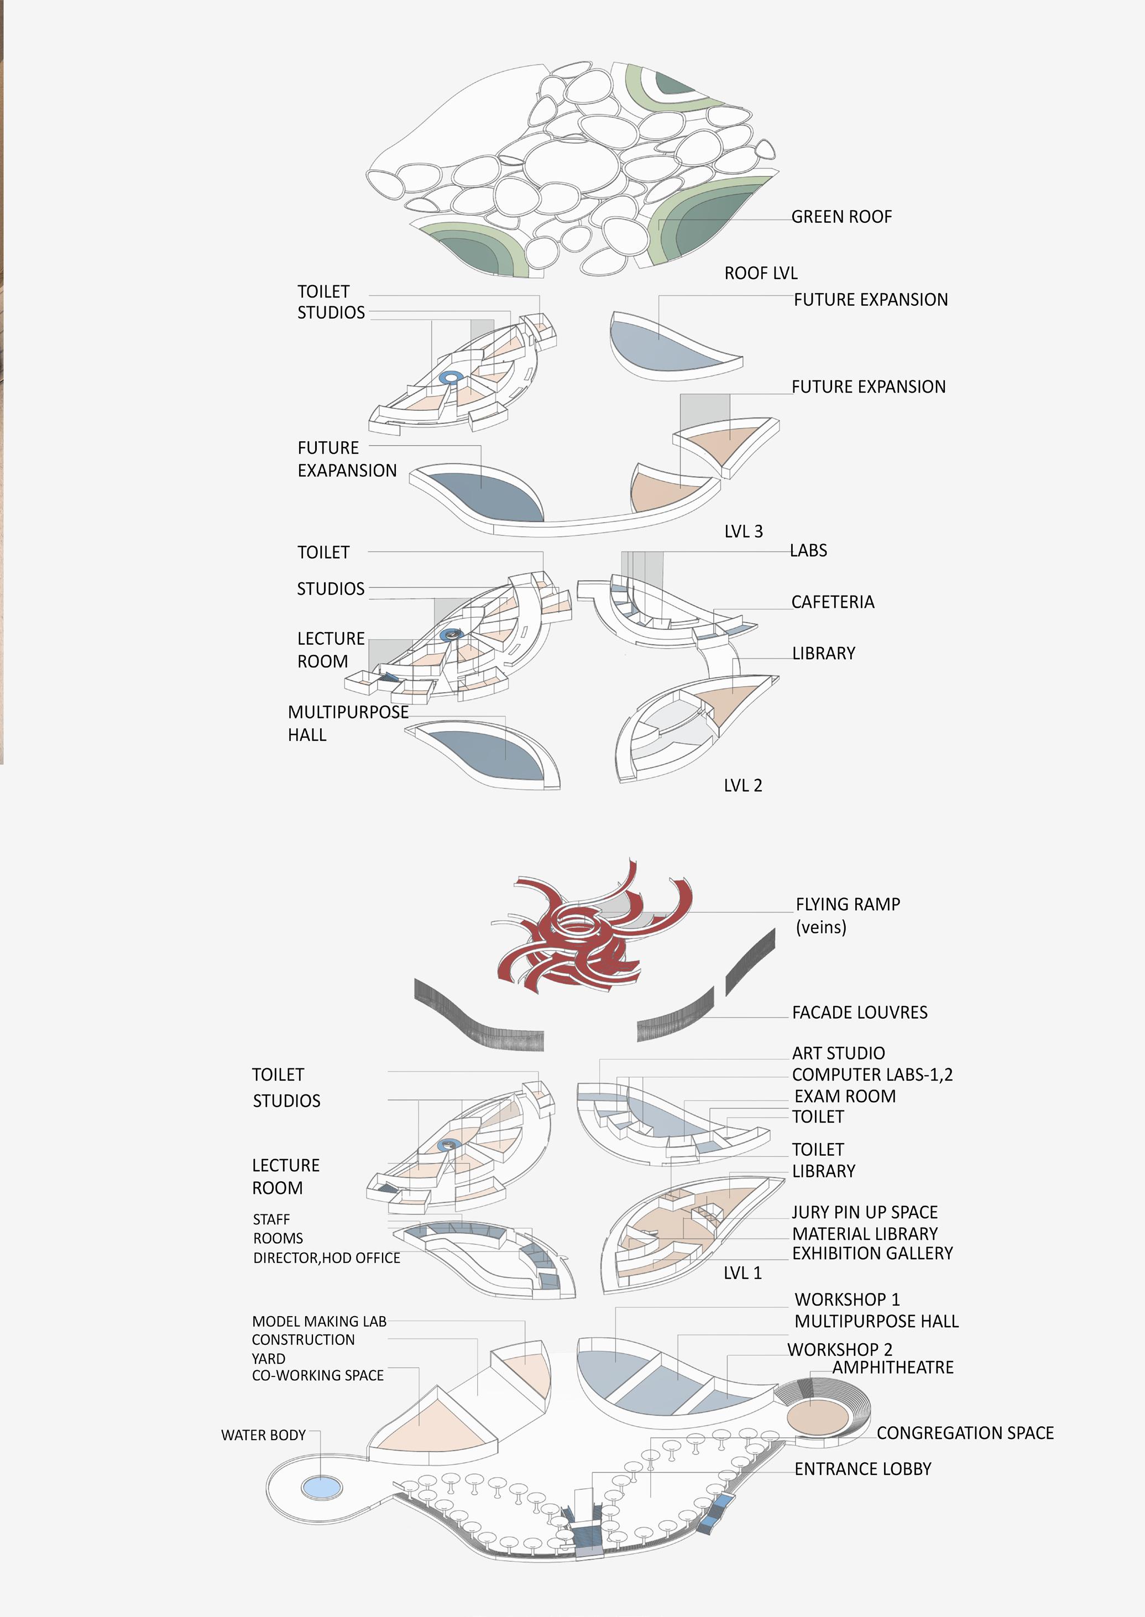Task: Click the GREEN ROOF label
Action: tap(841, 217)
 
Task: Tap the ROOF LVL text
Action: tap(761, 274)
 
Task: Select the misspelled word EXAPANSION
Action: tap(347, 471)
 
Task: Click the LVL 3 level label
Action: tap(743, 531)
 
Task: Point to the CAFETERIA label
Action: tap(833, 602)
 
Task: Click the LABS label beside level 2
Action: tap(809, 551)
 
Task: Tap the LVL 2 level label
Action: tap(743, 786)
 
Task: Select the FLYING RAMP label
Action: tap(848, 905)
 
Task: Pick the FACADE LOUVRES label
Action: tap(860, 1013)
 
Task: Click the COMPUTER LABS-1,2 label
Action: tap(872, 1074)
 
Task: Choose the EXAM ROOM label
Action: tap(845, 1097)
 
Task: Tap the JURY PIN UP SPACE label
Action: tap(864, 1212)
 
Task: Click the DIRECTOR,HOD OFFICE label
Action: tap(326, 1258)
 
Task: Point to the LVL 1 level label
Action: tap(743, 1273)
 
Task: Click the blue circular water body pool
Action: tap(322, 1488)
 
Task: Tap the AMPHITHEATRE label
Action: tap(892, 1368)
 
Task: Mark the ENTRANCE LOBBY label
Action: tap(863, 1469)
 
